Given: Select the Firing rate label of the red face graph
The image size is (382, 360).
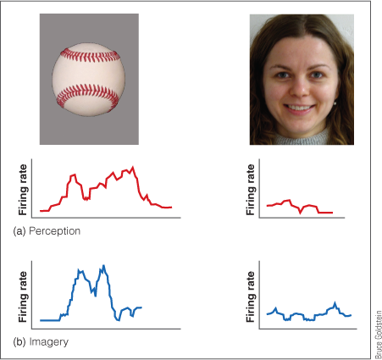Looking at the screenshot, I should (x=250, y=188).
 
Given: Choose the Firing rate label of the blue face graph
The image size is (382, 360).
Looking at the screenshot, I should (x=250, y=298).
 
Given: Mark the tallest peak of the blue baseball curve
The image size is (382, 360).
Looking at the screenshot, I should (x=103, y=266).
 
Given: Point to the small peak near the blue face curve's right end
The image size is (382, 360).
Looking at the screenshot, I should (x=336, y=302).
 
